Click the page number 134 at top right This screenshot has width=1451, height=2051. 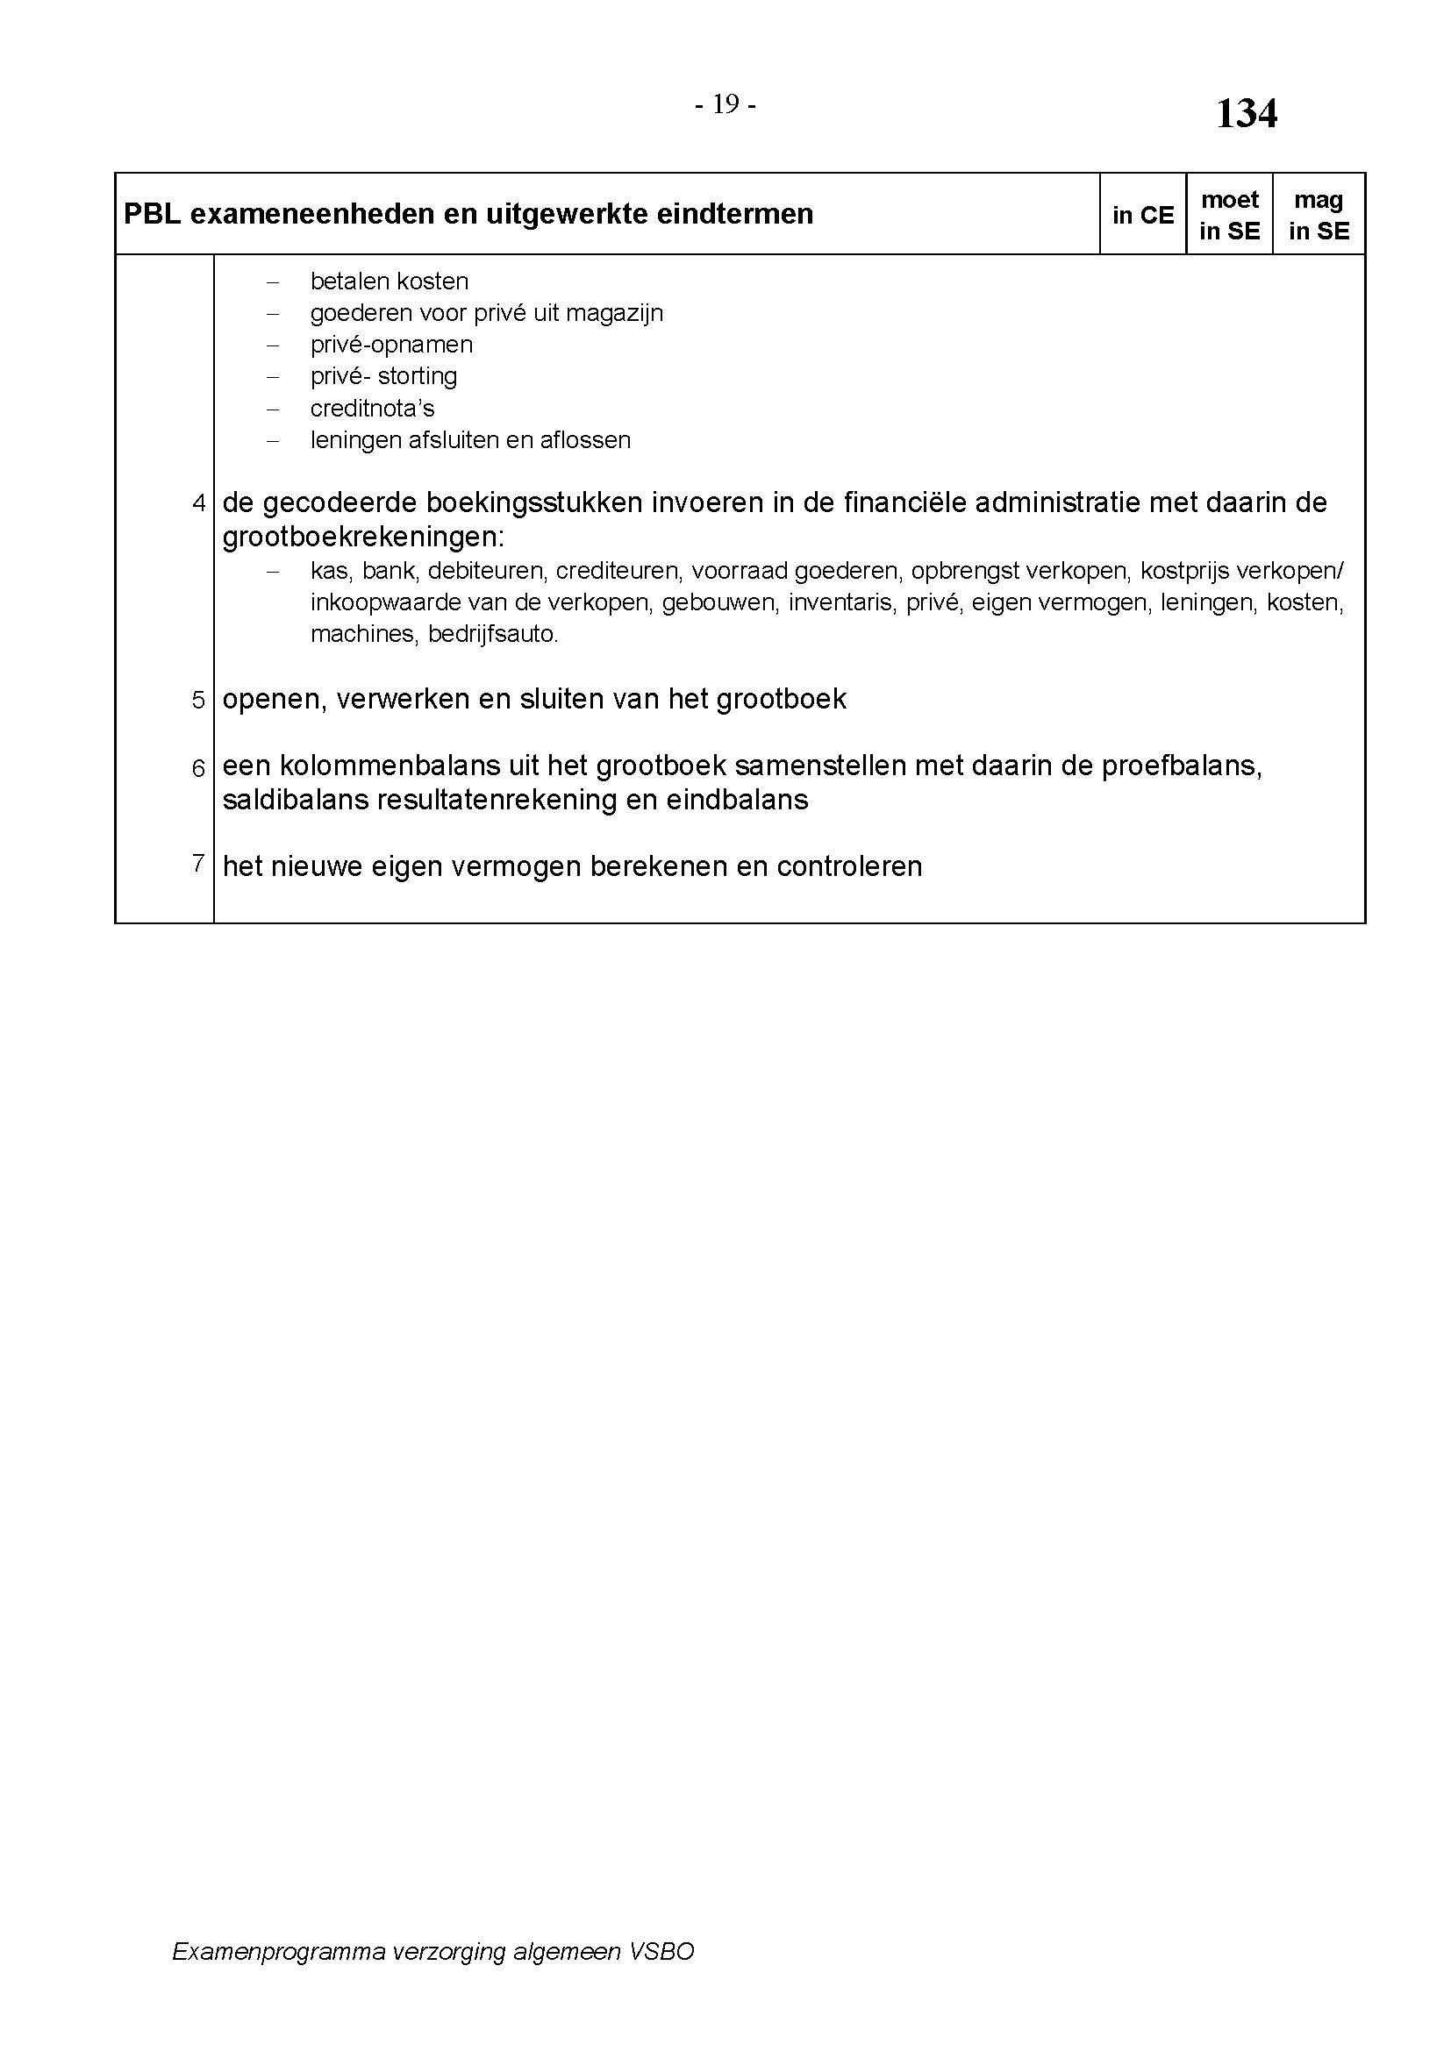[x=1247, y=114]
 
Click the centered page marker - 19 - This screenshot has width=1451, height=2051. [x=725, y=105]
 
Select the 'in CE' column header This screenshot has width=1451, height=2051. [x=1143, y=216]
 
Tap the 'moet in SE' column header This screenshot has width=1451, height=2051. [x=1229, y=216]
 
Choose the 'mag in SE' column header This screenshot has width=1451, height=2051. [x=1319, y=216]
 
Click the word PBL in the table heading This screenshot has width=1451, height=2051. [x=152, y=214]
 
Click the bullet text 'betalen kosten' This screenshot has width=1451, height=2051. [x=390, y=281]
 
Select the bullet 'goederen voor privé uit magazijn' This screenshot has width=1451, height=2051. [x=487, y=314]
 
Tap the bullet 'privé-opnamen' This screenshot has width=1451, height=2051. [x=391, y=345]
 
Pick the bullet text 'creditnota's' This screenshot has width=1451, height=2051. [x=373, y=409]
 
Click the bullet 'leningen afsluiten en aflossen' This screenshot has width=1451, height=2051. [x=471, y=440]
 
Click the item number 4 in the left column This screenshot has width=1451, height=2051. [x=199, y=503]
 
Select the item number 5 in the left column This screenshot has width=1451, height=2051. [x=199, y=700]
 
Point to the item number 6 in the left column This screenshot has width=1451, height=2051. [x=199, y=768]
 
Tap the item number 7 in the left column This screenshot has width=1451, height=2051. [x=199, y=863]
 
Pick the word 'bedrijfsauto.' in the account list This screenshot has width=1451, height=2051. [x=493, y=635]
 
